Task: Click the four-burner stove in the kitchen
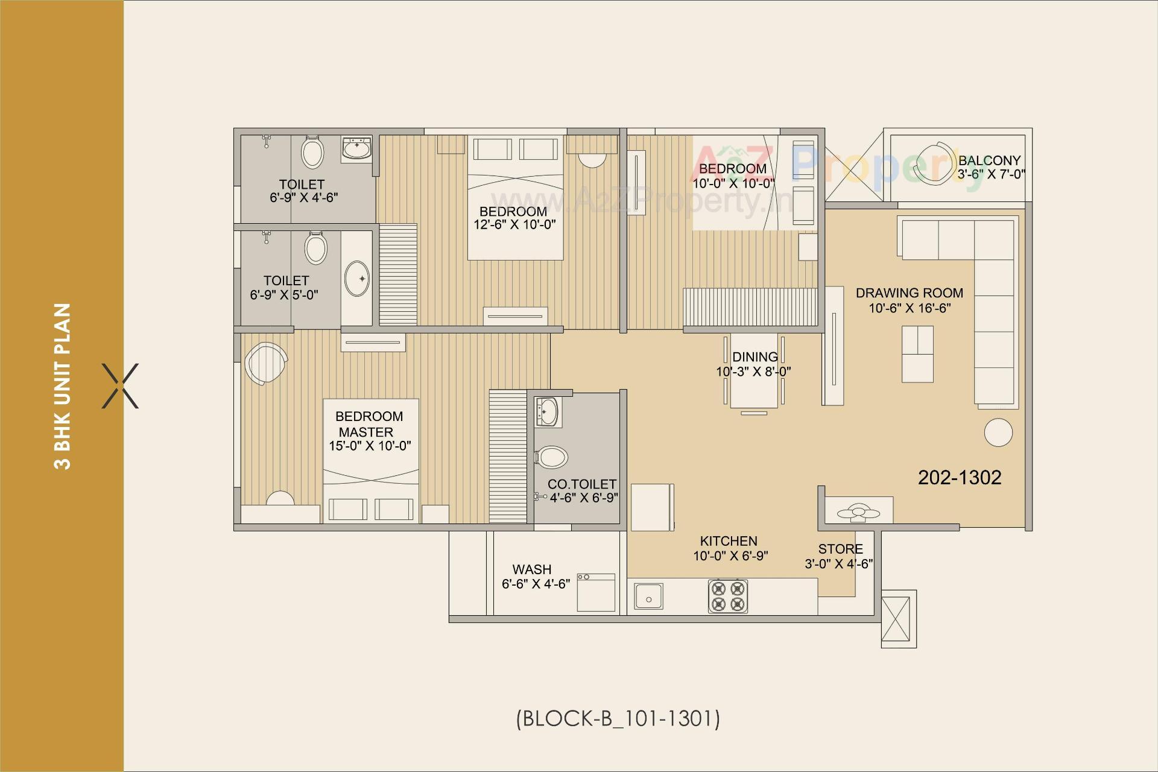pos(728,596)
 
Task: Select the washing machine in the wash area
pos(596,592)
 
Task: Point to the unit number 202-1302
pos(959,478)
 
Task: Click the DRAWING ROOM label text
pos(909,293)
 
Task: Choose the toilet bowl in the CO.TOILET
pos(551,457)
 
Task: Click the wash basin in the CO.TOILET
pos(547,413)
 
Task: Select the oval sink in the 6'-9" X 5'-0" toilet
pos(357,279)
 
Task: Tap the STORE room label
pos(840,549)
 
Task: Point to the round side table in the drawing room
pos(998,432)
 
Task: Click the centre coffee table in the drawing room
pos(917,354)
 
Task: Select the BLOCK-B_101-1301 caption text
pos(618,718)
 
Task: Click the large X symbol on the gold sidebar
pos(120,386)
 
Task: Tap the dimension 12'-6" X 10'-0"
pos(514,225)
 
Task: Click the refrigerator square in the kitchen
pos(651,507)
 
